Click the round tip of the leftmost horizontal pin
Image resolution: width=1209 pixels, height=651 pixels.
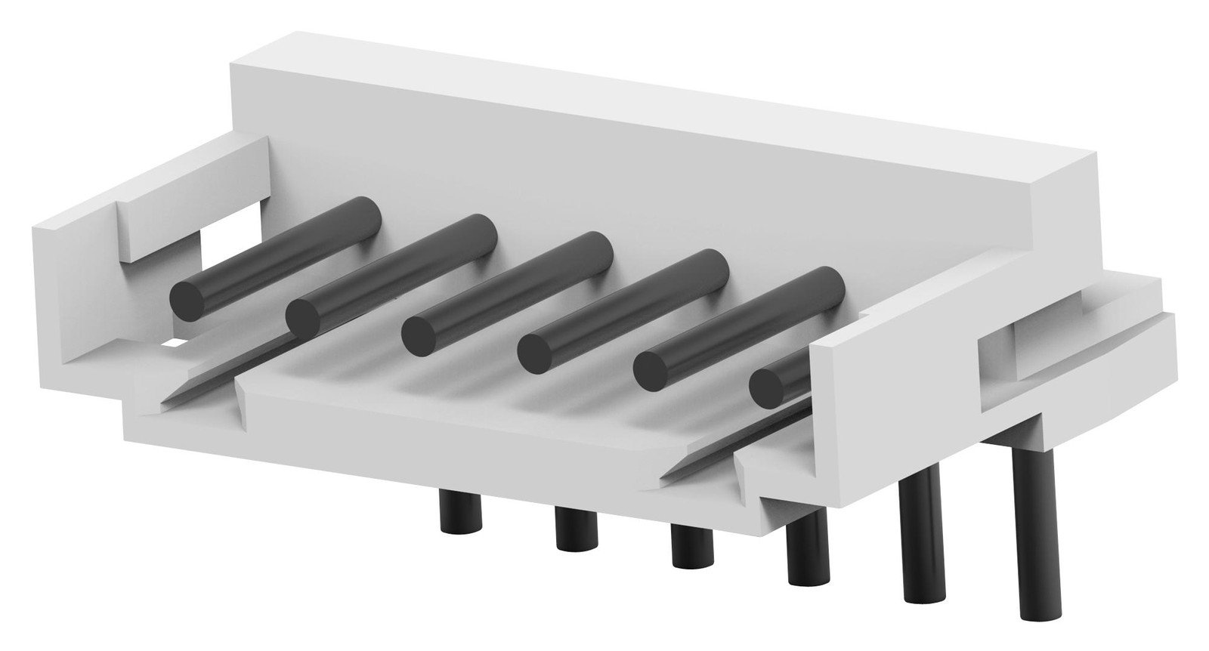(189, 300)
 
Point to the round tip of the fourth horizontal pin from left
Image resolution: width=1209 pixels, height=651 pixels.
(536, 351)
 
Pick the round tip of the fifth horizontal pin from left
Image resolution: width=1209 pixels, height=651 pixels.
(651, 369)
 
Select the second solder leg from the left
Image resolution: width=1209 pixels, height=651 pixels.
(576, 529)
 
